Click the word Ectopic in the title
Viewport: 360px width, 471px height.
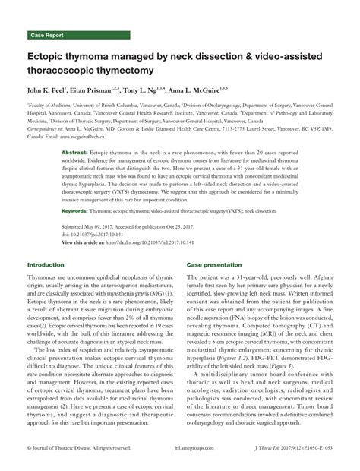pyautogui.click(x=51, y=58)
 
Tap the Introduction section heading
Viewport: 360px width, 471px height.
pyautogui.click(x=46, y=264)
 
